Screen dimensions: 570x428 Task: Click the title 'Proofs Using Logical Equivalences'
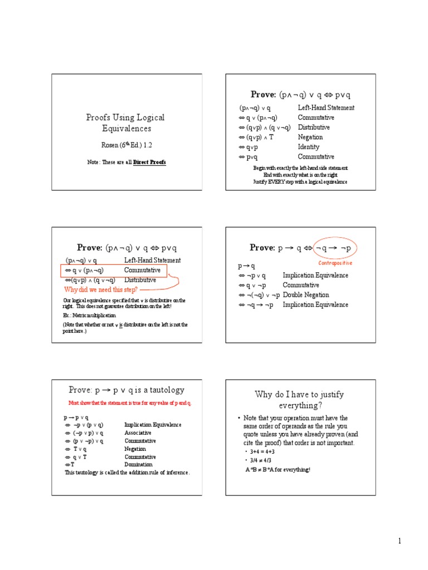pos(125,123)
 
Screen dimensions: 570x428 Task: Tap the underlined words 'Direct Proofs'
pos(149,162)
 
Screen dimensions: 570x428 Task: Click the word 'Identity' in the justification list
pos(309,148)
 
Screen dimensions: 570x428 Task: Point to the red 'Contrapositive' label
pos(335,263)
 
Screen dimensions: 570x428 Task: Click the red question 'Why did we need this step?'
pos(101,290)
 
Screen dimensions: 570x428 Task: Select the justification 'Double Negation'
pos(306,295)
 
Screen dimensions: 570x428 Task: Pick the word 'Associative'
pos(138,433)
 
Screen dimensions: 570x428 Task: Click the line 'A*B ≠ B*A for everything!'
pos(278,469)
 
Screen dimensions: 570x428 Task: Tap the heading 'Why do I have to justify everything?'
pos(299,399)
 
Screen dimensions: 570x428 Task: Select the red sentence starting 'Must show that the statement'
pos(130,402)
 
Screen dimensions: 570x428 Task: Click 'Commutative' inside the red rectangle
pos(142,271)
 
